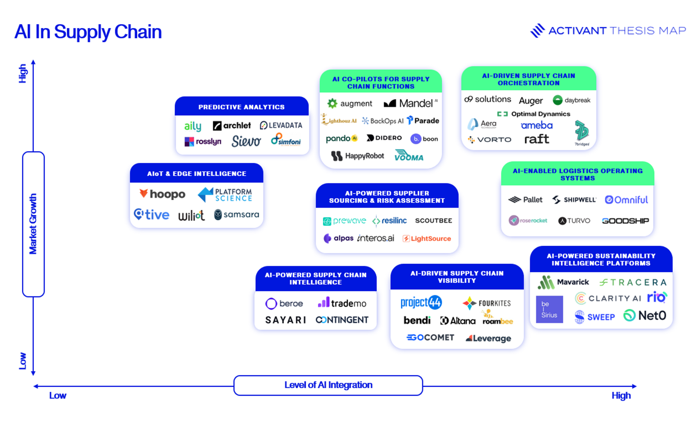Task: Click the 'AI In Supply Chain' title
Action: click(x=88, y=32)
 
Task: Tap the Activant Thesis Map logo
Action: click(x=608, y=31)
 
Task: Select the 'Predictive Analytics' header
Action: click(x=241, y=107)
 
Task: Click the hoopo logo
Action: click(x=162, y=194)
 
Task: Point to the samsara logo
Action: click(x=236, y=214)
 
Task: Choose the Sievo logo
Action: click(x=246, y=141)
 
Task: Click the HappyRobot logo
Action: click(x=357, y=156)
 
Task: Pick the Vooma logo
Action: click(x=409, y=156)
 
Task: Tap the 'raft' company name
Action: click(x=536, y=139)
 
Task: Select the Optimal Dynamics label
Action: click(x=534, y=114)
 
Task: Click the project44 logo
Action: click(x=421, y=302)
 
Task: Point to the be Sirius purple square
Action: click(x=549, y=309)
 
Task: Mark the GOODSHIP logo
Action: click(x=625, y=220)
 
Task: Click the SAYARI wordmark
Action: click(x=286, y=320)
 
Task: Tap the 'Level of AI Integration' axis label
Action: click(x=328, y=385)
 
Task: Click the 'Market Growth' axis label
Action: click(x=33, y=224)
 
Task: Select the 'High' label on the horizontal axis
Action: click(x=621, y=395)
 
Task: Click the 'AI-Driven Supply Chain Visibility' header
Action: click(x=457, y=277)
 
